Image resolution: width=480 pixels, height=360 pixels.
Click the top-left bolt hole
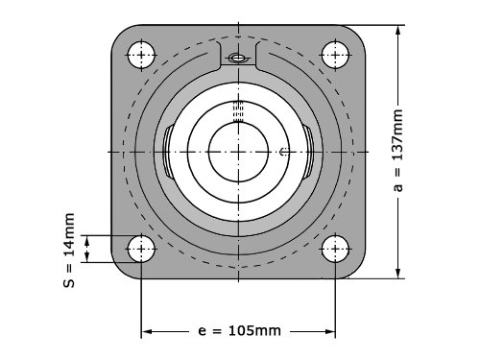pos(141,55)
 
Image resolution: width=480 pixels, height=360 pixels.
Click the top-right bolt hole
pos(335,55)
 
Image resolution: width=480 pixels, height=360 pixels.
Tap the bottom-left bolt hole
pos(141,249)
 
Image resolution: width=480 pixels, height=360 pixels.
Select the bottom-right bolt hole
pos(335,249)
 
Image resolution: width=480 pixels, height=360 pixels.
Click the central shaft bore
pos(238,152)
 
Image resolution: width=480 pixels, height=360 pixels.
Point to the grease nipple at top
pos(238,59)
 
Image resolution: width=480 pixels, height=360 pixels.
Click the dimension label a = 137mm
pos(397,151)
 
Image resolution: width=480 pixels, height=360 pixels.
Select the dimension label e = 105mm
pos(240,331)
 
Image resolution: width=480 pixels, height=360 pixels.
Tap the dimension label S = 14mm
pos(69,251)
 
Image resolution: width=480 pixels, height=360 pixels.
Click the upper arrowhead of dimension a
pos(397,31)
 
